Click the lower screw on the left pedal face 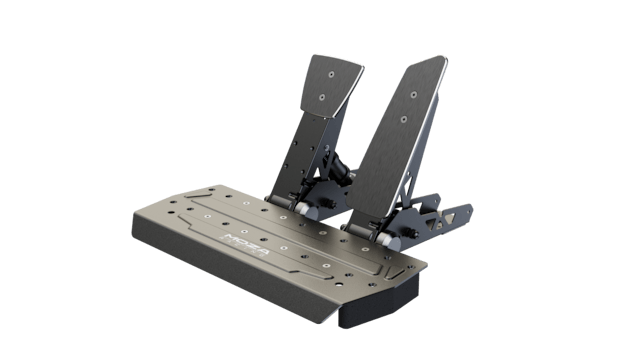point(321,97)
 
